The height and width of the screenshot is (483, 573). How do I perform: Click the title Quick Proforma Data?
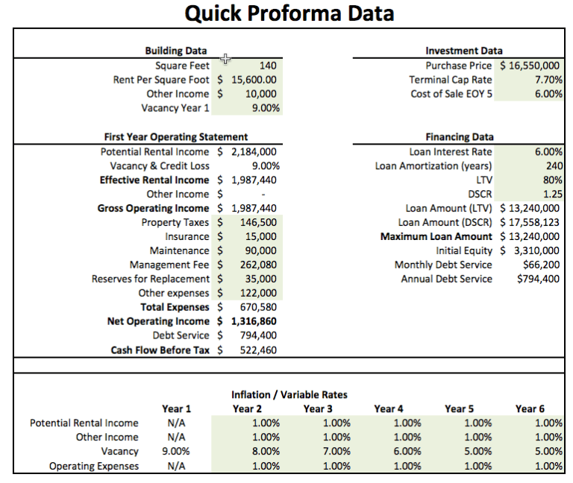[x=289, y=14]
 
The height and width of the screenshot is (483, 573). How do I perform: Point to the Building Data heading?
[x=175, y=51]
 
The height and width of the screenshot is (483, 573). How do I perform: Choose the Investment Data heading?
[x=463, y=51]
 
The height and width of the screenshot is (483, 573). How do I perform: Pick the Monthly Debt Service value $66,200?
[x=541, y=265]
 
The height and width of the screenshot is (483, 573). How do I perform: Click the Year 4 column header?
[x=389, y=408]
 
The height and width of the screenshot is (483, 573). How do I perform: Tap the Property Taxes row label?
[x=175, y=222]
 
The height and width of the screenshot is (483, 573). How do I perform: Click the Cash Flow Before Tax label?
[x=160, y=350]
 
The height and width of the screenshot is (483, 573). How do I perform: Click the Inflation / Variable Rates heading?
[x=289, y=394]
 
